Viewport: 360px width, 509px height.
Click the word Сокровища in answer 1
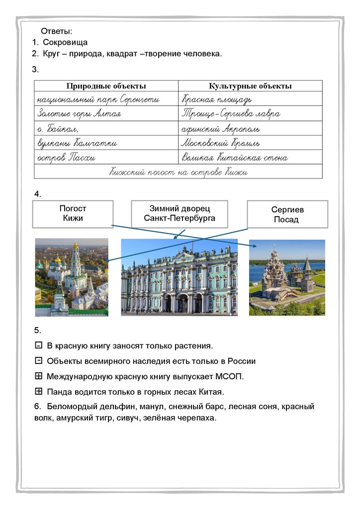pos(65,43)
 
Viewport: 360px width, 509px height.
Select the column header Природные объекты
pos(106,86)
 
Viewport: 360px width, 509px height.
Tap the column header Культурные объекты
pos(250,86)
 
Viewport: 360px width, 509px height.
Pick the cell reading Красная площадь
pos(220,100)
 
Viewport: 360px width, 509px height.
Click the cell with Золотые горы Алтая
pos(79,114)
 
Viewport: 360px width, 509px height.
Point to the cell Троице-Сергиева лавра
pos(231,114)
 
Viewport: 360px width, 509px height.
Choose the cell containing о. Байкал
pos(58,129)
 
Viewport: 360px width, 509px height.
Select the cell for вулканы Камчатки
pos(77,143)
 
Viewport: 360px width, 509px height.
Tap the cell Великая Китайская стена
pos(234,158)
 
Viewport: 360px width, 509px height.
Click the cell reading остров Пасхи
pos(67,158)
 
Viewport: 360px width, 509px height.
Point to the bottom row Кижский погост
pos(178,172)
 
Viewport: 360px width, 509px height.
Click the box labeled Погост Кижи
pos(73,214)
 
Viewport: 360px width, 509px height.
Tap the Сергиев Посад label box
pos(287,214)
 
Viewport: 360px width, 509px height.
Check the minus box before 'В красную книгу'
pos(39,345)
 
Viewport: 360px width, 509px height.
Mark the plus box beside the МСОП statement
pos(39,376)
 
